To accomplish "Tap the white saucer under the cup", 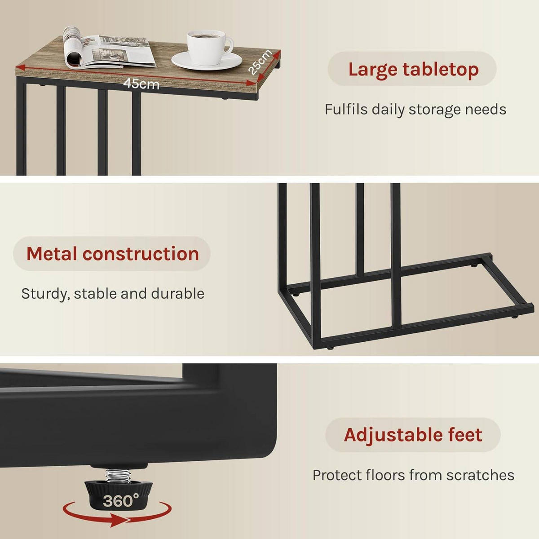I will tap(207, 62).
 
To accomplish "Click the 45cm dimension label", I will tap(141, 84).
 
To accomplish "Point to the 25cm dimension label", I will tap(260, 62).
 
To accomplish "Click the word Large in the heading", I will tap(372, 70).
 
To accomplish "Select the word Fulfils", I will tap(346, 110).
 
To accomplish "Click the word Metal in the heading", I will tap(52, 254).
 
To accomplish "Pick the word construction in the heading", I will tap(141, 254).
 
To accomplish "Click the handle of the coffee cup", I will tap(228, 45).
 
